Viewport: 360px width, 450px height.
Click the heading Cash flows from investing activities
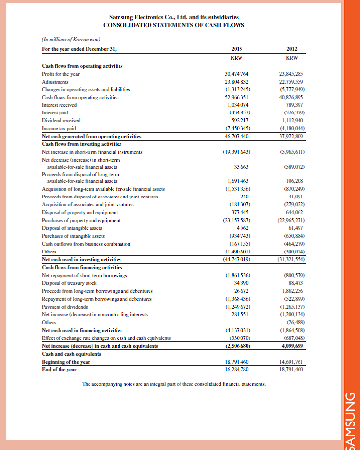(x=82, y=144)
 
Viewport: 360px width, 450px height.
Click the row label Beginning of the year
(x=65, y=361)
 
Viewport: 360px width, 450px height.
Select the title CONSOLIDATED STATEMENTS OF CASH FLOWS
(x=174, y=25)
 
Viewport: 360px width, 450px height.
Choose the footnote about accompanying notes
(x=174, y=384)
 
